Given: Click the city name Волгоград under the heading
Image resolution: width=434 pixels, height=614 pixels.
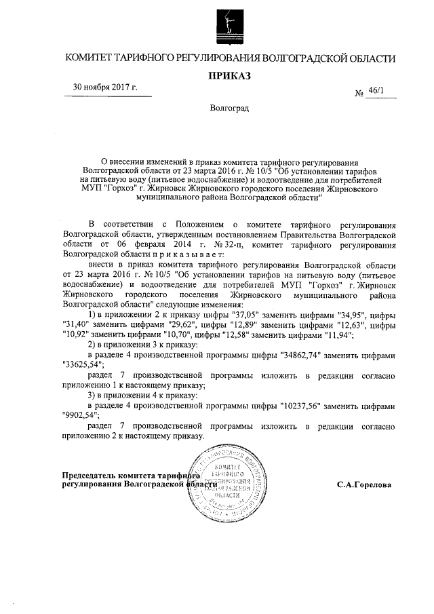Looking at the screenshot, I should point(229,108).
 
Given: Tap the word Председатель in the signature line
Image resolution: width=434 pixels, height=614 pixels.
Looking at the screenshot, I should point(92,476).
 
